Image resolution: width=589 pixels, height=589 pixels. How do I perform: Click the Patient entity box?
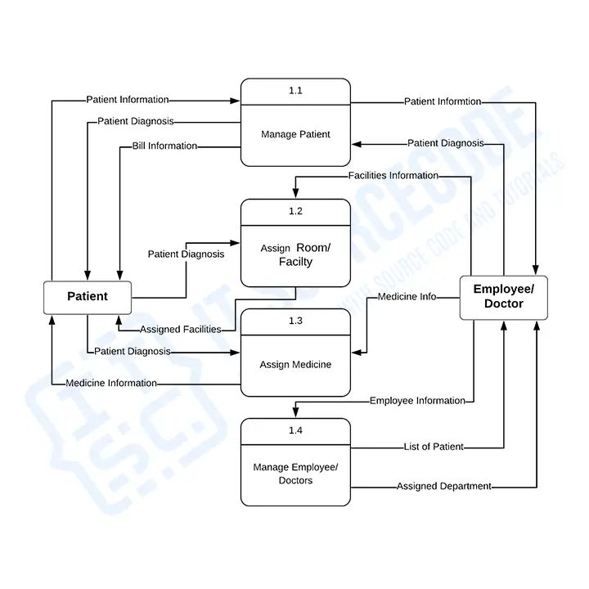click(88, 296)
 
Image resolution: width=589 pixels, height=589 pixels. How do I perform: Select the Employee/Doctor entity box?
click(503, 296)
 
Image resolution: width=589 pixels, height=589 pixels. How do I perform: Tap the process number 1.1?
click(295, 91)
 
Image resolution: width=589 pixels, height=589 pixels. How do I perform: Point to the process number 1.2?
click(295, 211)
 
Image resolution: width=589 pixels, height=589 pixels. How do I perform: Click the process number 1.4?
click(295, 429)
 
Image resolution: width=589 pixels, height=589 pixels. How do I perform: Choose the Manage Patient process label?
click(295, 134)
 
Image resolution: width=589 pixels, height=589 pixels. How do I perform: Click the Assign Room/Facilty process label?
click(295, 254)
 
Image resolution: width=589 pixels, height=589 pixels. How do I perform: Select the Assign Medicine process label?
click(295, 364)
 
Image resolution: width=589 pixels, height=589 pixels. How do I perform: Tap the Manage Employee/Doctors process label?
click(295, 474)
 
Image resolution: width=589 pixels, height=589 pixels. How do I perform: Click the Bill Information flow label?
click(164, 146)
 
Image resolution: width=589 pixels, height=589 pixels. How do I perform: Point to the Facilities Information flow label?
click(393, 175)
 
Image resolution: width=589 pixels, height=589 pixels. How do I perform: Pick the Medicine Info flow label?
click(407, 296)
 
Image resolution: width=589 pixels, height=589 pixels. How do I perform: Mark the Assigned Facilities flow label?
click(180, 329)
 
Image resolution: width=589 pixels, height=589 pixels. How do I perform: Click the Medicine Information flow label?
click(111, 382)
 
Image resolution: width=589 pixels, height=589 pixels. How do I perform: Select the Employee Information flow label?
click(417, 400)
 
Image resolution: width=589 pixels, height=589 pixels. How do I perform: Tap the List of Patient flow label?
click(434, 447)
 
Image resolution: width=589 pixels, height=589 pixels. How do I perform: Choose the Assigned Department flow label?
click(444, 486)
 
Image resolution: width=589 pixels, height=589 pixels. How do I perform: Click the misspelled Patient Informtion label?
click(443, 101)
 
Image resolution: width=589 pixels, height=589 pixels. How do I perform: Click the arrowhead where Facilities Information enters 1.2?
click(295, 194)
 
